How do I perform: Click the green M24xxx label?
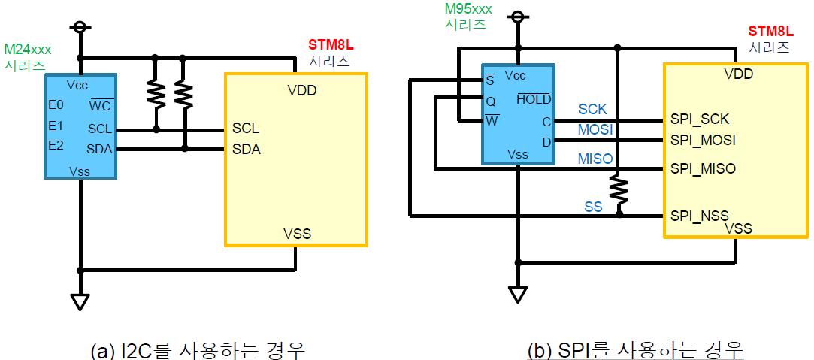point(28,50)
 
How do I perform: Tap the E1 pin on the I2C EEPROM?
point(56,125)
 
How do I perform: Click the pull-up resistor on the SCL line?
point(156,92)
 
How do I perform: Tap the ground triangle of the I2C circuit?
point(80,301)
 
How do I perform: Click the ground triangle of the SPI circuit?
point(516,294)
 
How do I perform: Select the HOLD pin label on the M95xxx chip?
point(534,100)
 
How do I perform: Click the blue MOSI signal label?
point(596,130)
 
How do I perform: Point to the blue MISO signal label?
point(595,159)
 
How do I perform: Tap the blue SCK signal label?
point(592,109)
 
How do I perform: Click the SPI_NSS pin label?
point(700,215)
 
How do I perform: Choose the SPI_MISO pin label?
point(703,169)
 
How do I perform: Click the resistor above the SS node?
point(619,190)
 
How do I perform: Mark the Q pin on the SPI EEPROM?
point(491,100)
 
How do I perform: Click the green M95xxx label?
point(468,9)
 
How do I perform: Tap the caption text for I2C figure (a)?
point(197,349)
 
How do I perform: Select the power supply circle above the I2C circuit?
point(80,28)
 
